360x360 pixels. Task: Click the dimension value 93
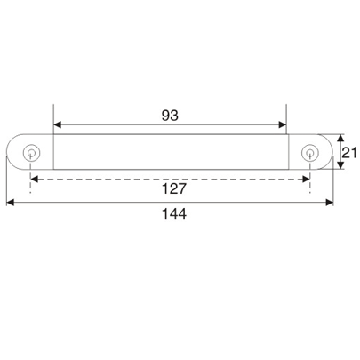(170, 114)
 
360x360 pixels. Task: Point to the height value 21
(350, 152)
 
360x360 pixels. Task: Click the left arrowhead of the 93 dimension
(59, 124)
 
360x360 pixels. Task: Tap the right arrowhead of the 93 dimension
(283, 124)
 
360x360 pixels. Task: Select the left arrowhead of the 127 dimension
(36, 178)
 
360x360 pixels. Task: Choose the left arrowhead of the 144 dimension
(11, 204)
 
